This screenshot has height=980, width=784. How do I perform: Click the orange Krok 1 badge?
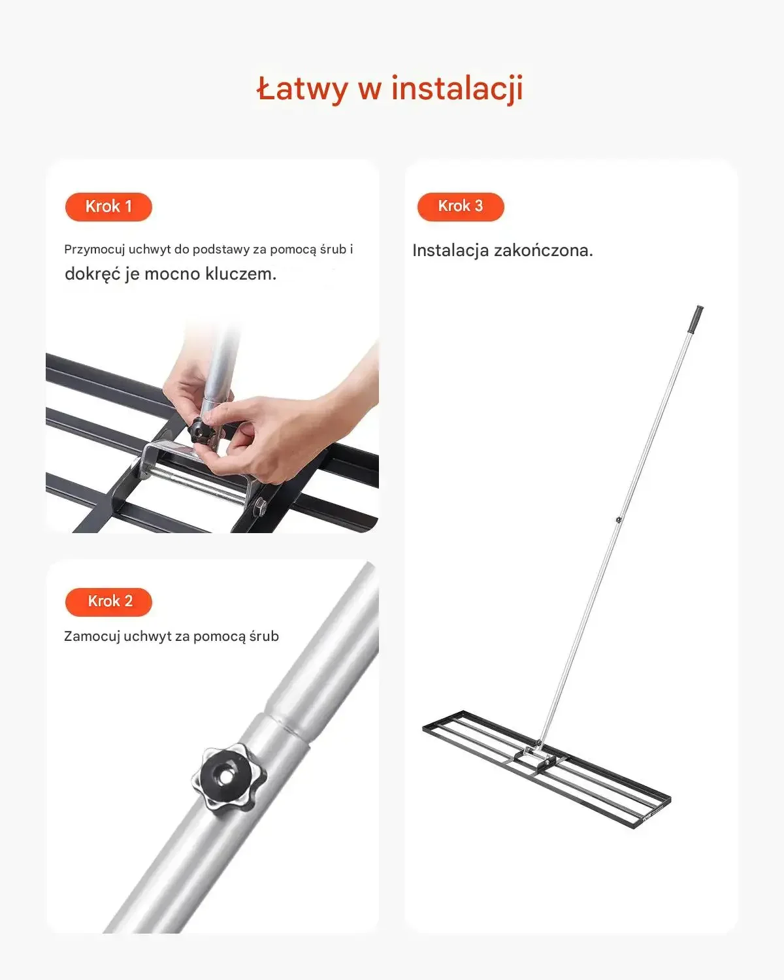(108, 206)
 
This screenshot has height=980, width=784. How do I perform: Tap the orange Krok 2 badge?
(108, 602)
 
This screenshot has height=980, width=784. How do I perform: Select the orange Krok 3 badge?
(461, 206)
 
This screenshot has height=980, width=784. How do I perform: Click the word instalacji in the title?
(457, 90)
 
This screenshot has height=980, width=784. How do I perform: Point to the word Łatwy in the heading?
(302, 89)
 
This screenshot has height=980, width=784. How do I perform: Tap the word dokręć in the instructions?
(93, 274)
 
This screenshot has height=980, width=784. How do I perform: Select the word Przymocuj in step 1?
(94, 250)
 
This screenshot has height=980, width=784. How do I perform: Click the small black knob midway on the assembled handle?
(618, 520)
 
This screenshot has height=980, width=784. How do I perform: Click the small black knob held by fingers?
(201, 431)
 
